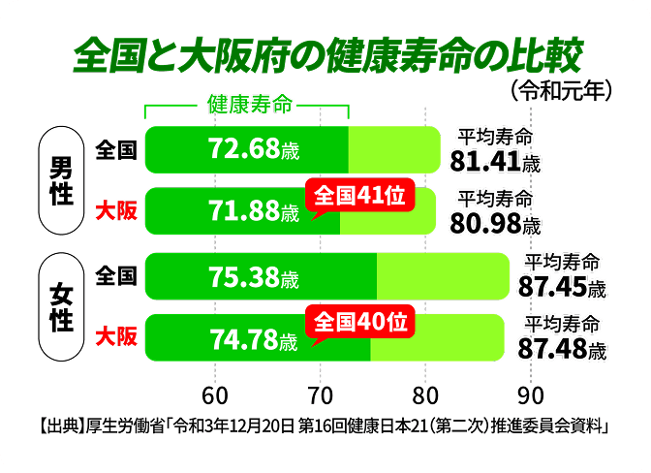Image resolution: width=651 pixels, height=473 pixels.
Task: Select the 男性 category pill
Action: point(61,181)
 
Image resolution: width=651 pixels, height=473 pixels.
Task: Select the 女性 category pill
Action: point(61,306)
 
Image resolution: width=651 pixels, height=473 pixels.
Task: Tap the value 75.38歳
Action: point(254,279)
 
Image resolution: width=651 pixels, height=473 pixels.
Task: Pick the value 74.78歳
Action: point(254,339)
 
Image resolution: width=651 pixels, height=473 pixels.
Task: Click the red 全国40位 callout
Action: point(359,320)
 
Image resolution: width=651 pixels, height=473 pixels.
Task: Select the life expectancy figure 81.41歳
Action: point(495,159)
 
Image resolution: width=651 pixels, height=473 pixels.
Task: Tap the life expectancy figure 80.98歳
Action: point(495,223)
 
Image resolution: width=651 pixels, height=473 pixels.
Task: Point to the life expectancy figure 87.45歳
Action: point(562,287)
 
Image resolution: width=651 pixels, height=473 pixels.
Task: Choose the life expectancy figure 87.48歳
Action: point(562,348)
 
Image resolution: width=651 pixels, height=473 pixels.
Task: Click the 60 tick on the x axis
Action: point(215,396)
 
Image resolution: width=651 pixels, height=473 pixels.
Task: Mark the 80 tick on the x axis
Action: point(424,396)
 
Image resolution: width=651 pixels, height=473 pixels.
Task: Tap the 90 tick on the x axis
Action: point(529,396)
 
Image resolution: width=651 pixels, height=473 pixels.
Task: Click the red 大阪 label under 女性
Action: point(116,337)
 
